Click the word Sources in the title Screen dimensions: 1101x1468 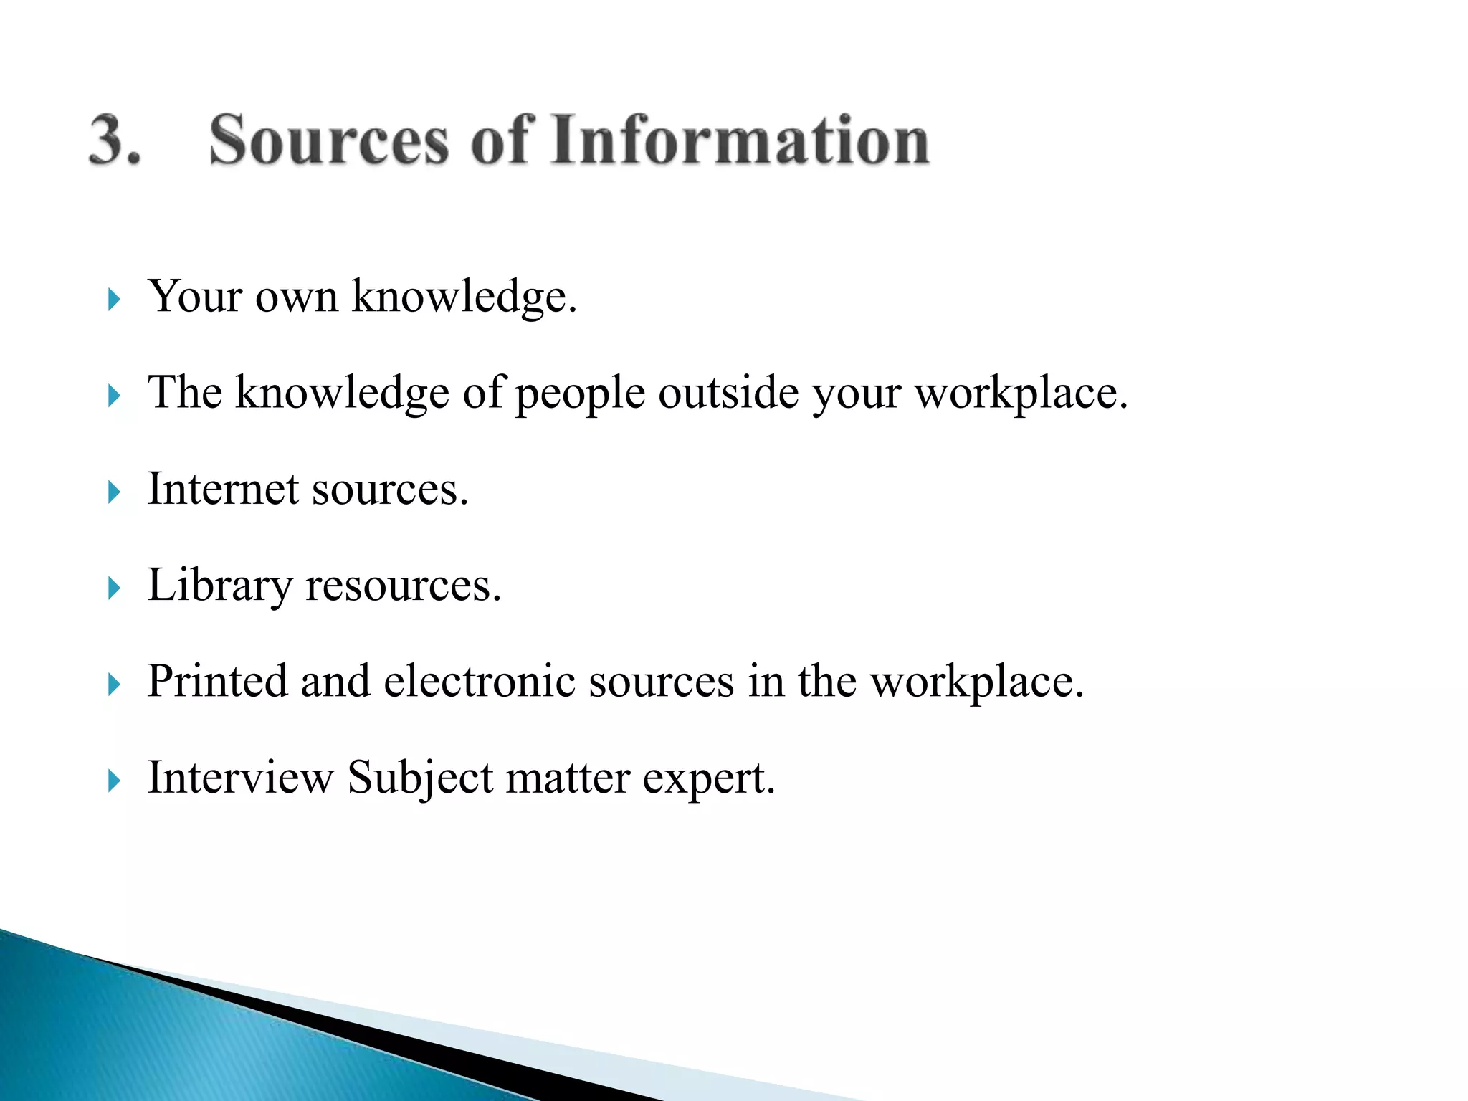coord(328,140)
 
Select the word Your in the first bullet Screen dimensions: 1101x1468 coord(194,296)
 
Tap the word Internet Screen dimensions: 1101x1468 coord(223,490)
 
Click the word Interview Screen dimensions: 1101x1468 coord(240,777)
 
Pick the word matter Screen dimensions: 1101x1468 coord(568,778)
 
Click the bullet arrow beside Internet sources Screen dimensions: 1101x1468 coord(114,492)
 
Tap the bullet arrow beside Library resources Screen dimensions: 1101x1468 coord(114,588)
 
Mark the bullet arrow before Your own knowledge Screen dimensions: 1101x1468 coord(114,299)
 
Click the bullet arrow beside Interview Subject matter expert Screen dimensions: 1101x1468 coord(114,781)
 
